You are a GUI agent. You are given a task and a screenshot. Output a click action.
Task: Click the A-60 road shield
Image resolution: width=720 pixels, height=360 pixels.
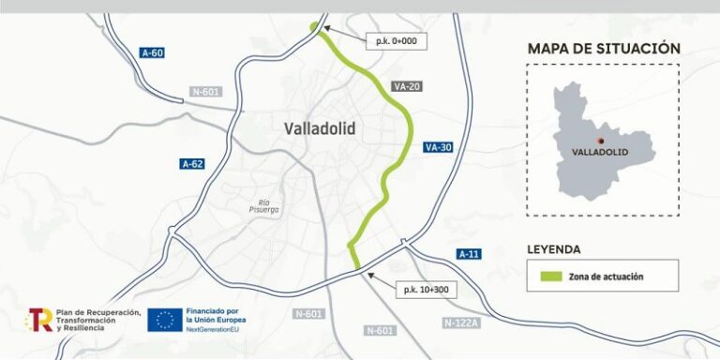152,52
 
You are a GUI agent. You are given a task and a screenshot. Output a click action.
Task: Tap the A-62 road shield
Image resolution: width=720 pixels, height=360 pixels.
192,164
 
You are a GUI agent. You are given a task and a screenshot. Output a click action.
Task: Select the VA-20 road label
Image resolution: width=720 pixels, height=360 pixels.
407,86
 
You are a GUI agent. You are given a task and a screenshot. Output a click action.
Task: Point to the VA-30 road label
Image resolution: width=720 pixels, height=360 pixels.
438,147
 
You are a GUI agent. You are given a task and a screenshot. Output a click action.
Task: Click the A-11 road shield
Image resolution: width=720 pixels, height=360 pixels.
469,254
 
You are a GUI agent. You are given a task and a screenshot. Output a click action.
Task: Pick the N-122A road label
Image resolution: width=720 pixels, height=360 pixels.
460,322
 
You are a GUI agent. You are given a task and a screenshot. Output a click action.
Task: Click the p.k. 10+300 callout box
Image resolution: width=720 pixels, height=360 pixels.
427,290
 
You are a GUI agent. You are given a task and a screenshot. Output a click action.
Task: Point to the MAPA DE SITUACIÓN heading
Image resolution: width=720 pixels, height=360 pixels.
603,49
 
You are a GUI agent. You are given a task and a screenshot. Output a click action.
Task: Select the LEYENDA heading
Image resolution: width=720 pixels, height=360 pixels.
554,249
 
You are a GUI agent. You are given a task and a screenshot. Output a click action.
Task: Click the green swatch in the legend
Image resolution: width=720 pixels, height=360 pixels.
549,277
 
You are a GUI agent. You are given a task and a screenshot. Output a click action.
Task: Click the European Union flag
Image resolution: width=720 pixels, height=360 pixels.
165,320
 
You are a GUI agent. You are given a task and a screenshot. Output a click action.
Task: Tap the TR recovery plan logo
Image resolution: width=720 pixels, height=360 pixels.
39,319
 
